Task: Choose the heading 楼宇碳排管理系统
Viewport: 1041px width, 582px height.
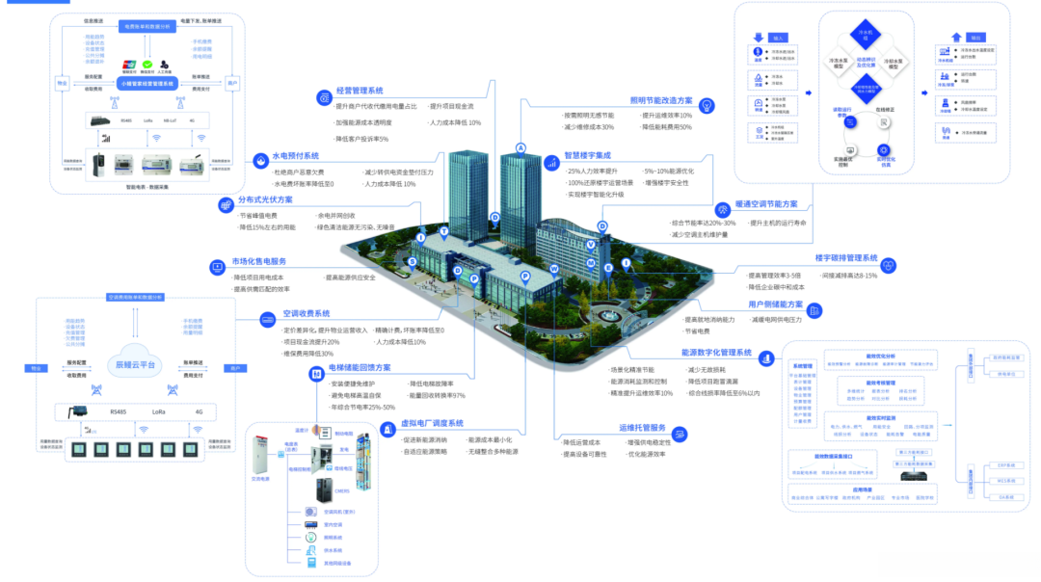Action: pos(845,258)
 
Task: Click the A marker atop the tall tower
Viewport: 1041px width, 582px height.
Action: pos(520,147)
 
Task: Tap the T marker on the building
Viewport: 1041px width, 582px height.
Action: pos(443,232)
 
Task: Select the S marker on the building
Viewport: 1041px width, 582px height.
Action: pos(413,260)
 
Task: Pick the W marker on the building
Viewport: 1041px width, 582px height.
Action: pos(554,268)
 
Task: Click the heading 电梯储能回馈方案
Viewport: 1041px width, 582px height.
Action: pos(360,367)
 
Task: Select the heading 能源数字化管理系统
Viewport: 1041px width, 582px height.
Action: pos(716,354)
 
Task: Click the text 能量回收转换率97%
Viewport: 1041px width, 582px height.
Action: pos(437,395)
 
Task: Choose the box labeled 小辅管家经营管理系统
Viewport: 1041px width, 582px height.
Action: pos(146,84)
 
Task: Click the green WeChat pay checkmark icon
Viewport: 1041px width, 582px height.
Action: pos(147,66)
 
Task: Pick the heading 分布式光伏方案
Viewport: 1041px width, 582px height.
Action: pos(265,200)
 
